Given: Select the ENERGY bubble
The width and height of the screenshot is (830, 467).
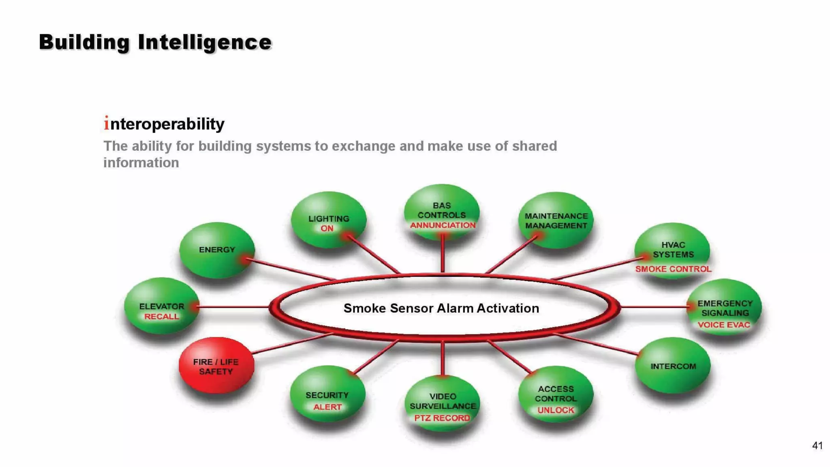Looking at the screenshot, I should pyautogui.click(x=217, y=250).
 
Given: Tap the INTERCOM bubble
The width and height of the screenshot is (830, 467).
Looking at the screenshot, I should pyautogui.click(x=673, y=366).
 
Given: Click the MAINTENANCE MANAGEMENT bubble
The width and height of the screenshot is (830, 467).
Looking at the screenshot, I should pyautogui.click(x=556, y=221).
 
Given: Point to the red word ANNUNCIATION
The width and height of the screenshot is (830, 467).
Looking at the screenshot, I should pyautogui.click(x=443, y=225).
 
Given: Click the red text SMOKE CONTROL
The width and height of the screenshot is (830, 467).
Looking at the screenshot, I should pyautogui.click(x=673, y=269).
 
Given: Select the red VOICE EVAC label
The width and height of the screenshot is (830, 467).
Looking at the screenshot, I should pyautogui.click(x=724, y=325).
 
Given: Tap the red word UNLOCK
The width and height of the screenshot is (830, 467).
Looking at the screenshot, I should pyautogui.click(x=556, y=410).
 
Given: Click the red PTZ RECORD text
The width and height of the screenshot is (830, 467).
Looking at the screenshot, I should pyautogui.click(x=442, y=418).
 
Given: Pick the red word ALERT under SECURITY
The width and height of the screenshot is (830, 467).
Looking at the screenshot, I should pyautogui.click(x=327, y=407).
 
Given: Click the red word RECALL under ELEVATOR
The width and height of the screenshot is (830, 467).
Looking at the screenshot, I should pyautogui.click(x=161, y=316).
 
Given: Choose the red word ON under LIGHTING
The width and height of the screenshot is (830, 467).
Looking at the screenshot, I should pyautogui.click(x=327, y=228).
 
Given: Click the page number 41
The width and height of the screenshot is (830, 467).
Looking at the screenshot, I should pyautogui.click(x=817, y=446).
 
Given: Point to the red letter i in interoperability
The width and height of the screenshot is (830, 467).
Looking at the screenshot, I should pyautogui.click(x=106, y=123).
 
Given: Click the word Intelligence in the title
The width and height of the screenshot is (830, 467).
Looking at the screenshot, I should pyautogui.click(x=205, y=42).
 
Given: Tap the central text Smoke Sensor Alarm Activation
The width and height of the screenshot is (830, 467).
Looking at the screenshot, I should pyautogui.click(x=441, y=308).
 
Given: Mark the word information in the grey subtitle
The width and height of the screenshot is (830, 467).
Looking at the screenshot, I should pyautogui.click(x=141, y=163).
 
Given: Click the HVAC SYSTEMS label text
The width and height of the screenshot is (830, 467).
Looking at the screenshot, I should pyautogui.click(x=673, y=250).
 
